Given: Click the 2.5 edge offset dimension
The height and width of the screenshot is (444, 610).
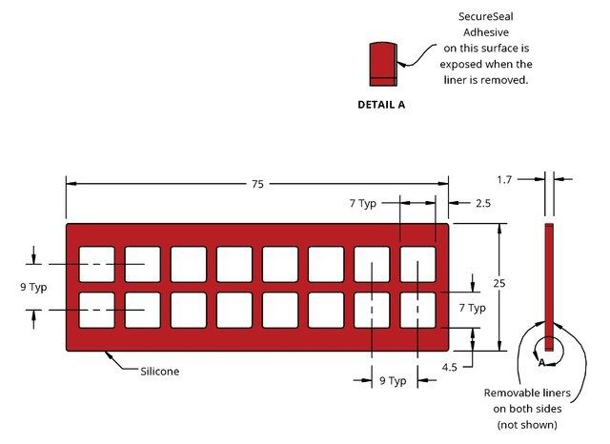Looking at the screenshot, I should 482,203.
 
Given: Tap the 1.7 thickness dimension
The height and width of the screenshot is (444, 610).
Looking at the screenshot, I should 507,178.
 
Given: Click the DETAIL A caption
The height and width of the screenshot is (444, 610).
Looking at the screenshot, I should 381,105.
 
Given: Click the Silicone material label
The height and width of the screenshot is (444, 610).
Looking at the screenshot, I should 160,371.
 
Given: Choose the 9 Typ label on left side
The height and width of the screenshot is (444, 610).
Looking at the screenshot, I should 34,286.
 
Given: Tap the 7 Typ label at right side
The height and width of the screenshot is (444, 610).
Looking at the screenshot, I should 472,308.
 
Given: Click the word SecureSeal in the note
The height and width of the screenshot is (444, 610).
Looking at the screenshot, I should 486,15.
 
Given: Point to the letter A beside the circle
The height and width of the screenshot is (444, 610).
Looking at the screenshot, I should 540,363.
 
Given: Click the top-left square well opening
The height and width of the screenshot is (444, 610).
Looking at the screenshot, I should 96,264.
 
